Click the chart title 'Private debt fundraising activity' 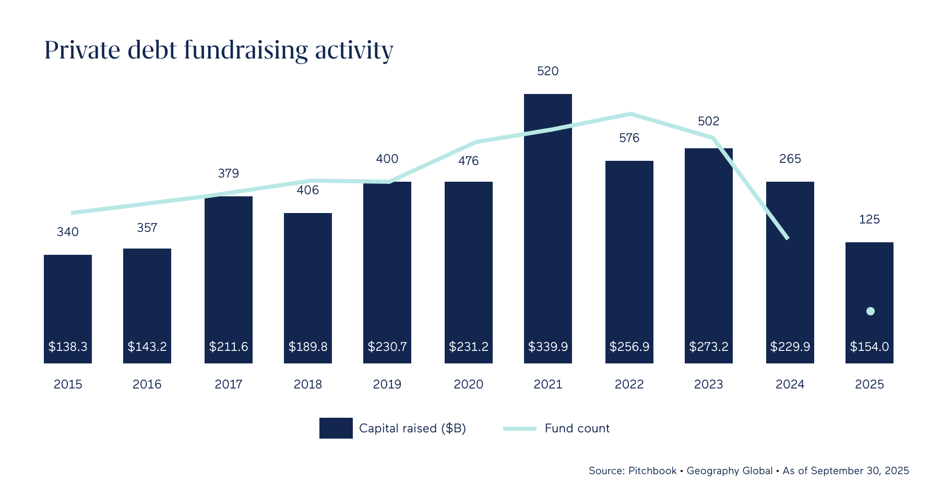[219, 51]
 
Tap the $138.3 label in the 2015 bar [68, 347]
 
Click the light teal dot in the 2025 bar [870, 311]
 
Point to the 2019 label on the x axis [387, 384]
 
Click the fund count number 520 [547, 71]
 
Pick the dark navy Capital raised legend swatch [336, 428]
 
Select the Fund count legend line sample [519, 429]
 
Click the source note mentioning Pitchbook [748, 470]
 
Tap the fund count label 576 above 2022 [629, 138]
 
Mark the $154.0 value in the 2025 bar [869, 347]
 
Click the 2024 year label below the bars [790, 384]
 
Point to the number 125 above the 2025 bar [869, 219]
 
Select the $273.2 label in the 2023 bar [708, 347]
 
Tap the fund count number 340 [68, 232]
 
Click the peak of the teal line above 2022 [630, 113]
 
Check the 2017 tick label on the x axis [228, 384]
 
